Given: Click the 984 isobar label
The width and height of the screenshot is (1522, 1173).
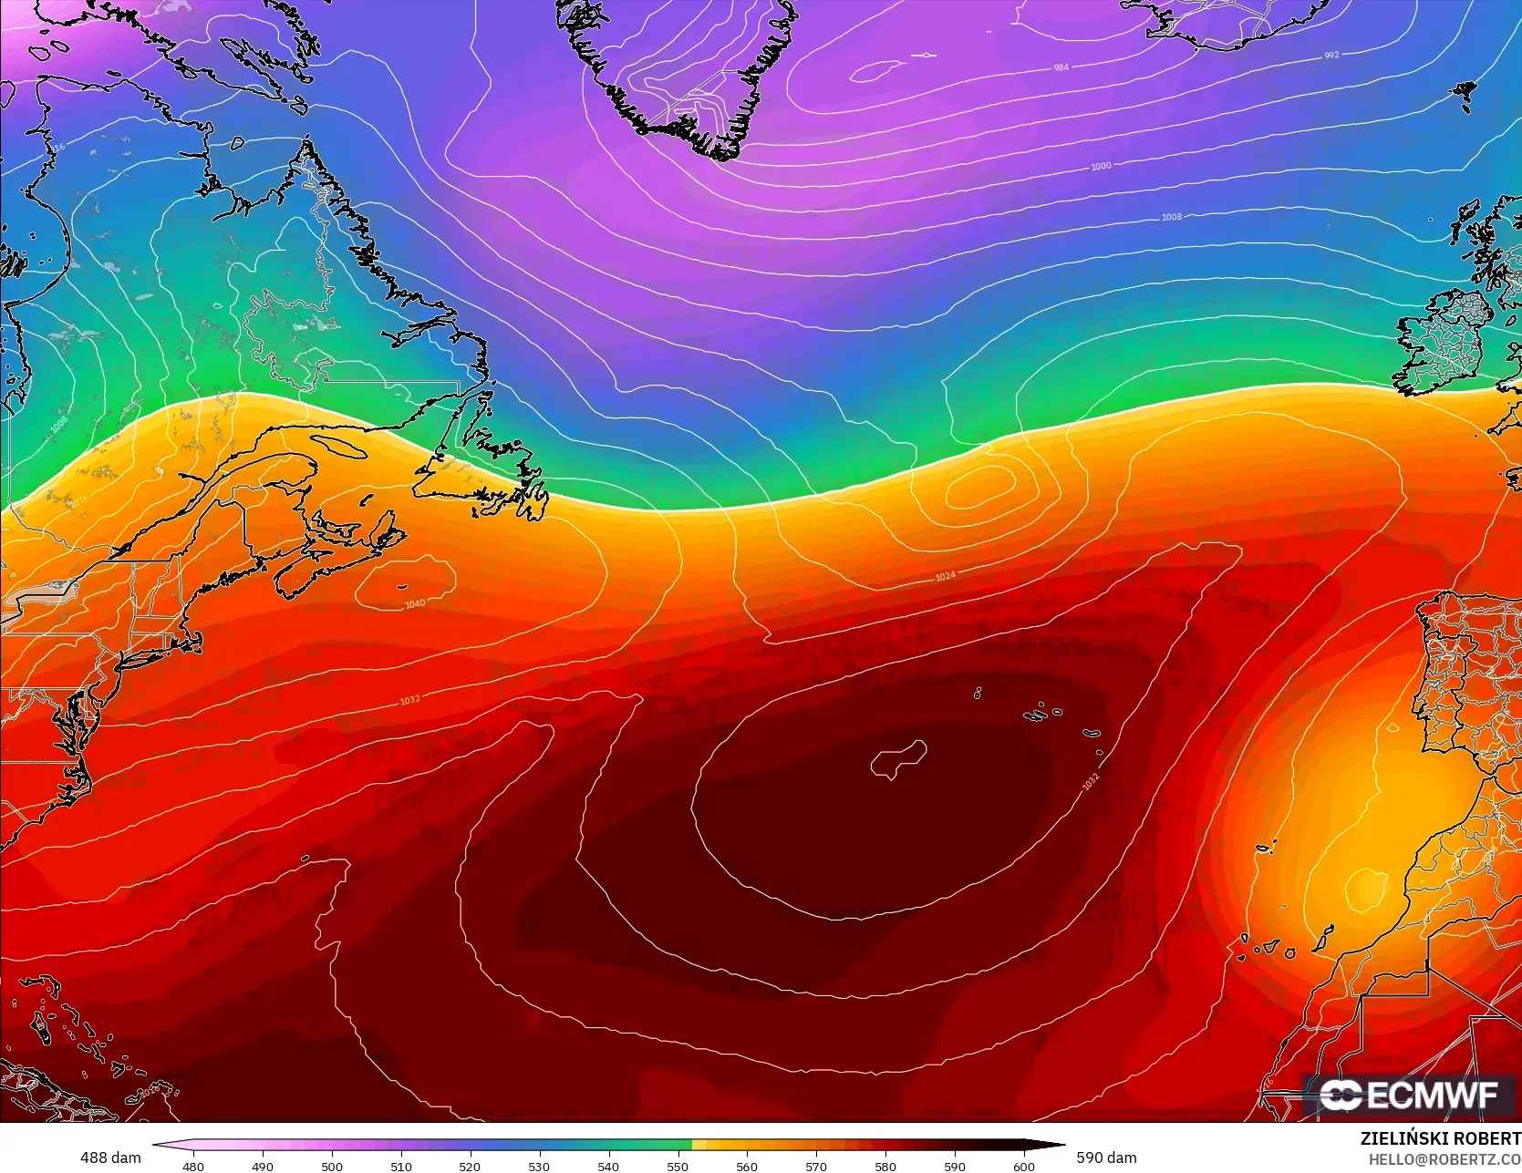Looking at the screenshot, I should click(x=1061, y=68).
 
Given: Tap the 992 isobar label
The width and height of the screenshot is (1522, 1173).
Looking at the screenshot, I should click(x=1331, y=56).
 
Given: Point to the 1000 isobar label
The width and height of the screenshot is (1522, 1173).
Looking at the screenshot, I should click(x=1101, y=166).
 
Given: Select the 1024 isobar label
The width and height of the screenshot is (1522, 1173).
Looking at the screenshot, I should click(x=946, y=576).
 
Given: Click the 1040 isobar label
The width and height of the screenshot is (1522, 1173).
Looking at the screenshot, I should click(x=414, y=604).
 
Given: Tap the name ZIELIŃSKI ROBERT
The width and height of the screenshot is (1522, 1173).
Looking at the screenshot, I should click(x=1440, y=1139).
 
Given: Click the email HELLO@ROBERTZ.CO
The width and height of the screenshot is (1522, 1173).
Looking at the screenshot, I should click(x=1444, y=1158).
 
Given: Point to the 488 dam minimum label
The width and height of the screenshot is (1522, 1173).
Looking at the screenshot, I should click(x=110, y=1158).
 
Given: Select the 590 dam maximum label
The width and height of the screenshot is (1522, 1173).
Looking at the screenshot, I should click(x=1106, y=1158).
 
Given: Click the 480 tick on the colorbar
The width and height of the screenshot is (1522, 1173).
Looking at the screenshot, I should click(x=193, y=1166).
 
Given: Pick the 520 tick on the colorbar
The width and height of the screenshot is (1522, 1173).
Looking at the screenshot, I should click(x=470, y=1166).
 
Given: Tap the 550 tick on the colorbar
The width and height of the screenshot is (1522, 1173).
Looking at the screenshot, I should click(x=678, y=1166).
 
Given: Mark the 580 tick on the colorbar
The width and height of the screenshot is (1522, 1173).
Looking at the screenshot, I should click(x=885, y=1166).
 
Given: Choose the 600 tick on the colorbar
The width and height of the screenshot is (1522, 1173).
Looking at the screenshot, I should click(x=1023, y=1166).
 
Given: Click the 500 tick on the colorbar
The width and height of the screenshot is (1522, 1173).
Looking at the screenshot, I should click(x=332, y=1166).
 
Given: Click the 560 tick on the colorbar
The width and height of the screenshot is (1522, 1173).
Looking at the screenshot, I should click(x=746, y=1166).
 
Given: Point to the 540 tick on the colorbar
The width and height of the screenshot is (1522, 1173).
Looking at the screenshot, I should click(x=608, y=1166).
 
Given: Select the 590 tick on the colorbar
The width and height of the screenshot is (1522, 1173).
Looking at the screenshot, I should click(x=954, y=1166).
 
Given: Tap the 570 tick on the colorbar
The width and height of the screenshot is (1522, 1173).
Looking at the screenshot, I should click(x=815, y=1166).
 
